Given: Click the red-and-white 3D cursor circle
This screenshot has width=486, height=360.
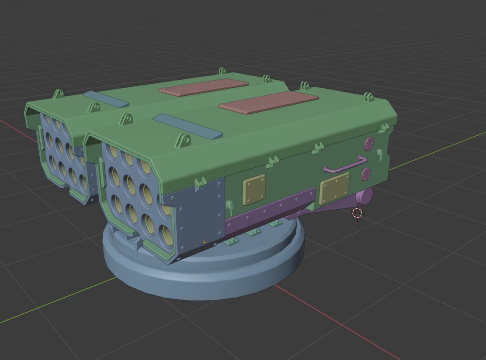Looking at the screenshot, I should [357, 213].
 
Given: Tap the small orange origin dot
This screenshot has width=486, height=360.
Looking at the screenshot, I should [204, 243].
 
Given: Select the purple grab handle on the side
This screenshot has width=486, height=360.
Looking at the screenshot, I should [343, 165].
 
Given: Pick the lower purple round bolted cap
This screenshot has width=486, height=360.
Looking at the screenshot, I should [366, 174].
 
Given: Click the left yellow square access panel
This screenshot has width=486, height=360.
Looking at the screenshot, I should [254, 189].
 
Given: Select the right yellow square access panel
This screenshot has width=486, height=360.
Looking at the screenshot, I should [334, 188].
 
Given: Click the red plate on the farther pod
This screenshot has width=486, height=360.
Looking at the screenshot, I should [204, 87].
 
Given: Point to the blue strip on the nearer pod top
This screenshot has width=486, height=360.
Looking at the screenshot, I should [187, 126].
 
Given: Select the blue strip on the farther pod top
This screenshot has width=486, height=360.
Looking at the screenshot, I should [106, 99].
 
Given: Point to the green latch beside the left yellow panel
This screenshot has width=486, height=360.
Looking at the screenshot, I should [229, 207].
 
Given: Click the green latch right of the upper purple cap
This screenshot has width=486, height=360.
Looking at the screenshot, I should [379, 154].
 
